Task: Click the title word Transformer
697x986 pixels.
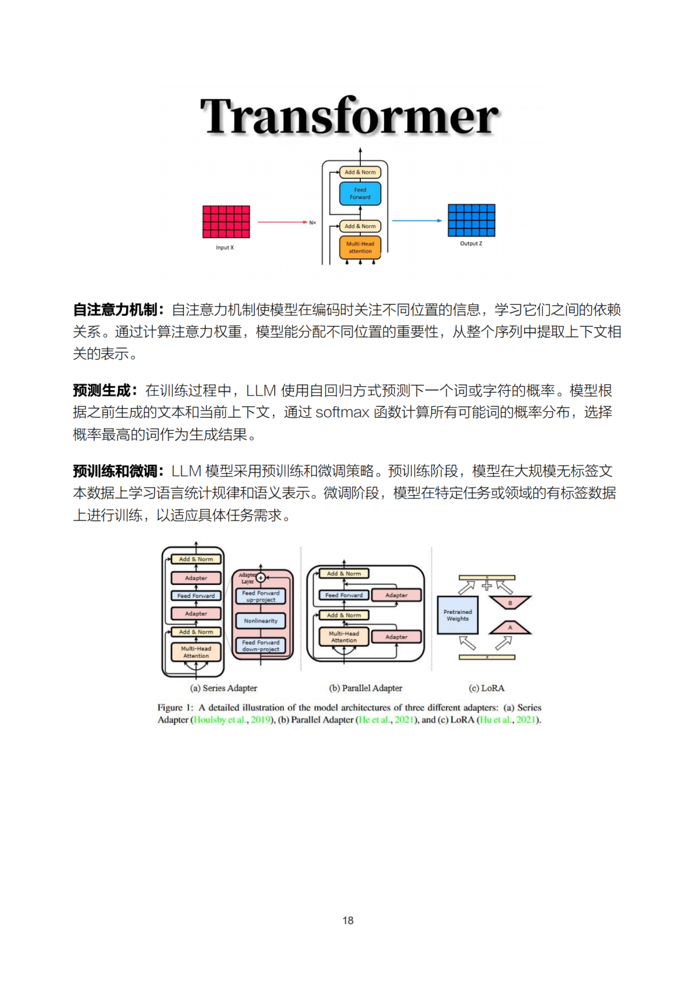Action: [x=349, y=116]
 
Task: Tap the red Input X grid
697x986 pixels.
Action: [x=226, y=221]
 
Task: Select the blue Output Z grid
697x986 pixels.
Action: [x=471, y=220]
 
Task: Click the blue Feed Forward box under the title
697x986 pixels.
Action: [x=360, y=193]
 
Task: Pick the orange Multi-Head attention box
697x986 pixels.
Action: [x=360, y=247]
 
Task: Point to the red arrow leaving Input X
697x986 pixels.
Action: [x=282, y=221]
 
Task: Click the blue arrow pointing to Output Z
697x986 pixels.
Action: [x=416, y=221]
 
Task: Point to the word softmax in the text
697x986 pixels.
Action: [x=342, y=413]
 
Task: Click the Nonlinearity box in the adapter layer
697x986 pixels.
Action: [x=261, y=621]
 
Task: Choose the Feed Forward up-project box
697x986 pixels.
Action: [x=261, y=596]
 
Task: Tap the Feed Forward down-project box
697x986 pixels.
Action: [x=261, y=646]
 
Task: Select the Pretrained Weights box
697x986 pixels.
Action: [x=458, y=615]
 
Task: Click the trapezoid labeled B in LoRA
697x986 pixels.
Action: [x=510, y=602]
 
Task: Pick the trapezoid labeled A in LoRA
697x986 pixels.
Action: [x=510, y=628]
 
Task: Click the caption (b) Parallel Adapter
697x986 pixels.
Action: [x=366, y=688]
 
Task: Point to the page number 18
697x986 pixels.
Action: [x=348, y=920]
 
